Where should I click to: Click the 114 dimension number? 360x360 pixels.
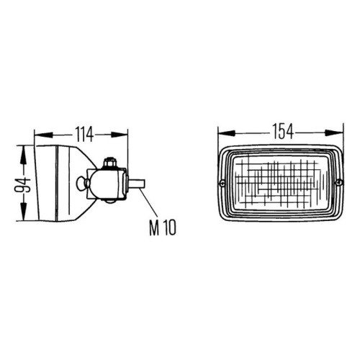(84, 135)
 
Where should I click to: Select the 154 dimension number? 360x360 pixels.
(283, 132)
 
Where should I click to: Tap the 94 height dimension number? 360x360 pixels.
(23, 185)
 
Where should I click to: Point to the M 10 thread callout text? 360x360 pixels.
(163, 228)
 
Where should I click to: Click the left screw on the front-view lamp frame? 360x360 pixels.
(222, 183)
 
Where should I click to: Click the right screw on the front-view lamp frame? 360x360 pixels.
(339, 182)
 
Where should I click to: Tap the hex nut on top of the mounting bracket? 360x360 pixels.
(109, 163)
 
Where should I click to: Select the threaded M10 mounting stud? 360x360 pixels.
(135, 184)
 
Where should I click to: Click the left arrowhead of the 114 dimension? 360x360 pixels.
(43, 135)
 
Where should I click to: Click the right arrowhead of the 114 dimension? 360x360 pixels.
(120, 135)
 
